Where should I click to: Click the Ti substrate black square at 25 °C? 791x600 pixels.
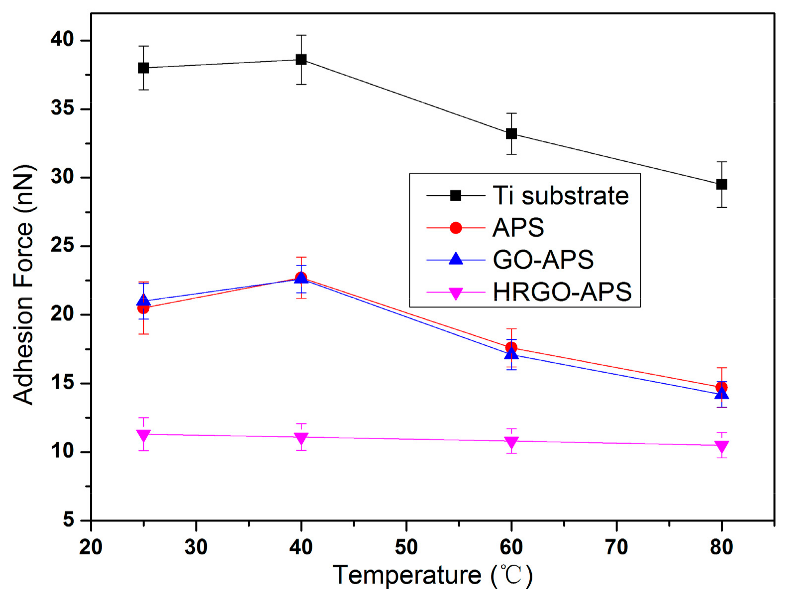pyautogui.click(x=143, y=68)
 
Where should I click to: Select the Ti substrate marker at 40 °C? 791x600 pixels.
pyautogui.click(x=301, y=60)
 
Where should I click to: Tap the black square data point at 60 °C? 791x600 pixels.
pyautogui.click(x=511, y=134)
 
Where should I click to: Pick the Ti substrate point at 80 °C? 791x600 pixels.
pyautogui.click(x=721, y=185)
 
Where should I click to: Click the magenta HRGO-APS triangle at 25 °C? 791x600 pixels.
pyautogui.click(x=143, y=436)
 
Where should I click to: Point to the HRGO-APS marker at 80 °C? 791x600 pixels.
pyautogui.click(x=721, y=446)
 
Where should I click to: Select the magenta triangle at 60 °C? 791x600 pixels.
pyautogui.click(x=511, y=442)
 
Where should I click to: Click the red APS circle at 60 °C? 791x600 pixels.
pyautogui.click(x=511, y=347)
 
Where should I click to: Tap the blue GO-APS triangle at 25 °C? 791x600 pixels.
pyautogui.click(x=143, y=300)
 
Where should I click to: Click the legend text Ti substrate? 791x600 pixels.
pyautogui.click(x=561, y=196)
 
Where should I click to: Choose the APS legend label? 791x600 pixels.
pyautogui.click(x=518, y=228)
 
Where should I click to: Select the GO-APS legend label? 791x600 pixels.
pyautogui.click(x=543, y=260)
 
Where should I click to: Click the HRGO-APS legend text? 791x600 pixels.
pyautogui.click(x=562, y=292)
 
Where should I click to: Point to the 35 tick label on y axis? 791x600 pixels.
pyautogui.click(x=62, y=108)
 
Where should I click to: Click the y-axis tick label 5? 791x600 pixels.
pyautogui.click(x=69, y=520)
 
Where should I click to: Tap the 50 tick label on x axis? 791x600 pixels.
pyautogui.click(x=406, y=547)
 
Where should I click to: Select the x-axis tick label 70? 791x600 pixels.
pyautogui.click(x=616, y=547)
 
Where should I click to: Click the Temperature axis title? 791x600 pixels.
pyautogui.click(x=432, y=576)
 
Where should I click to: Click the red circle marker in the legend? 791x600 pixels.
pyautogui.click(x=456, y=228)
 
